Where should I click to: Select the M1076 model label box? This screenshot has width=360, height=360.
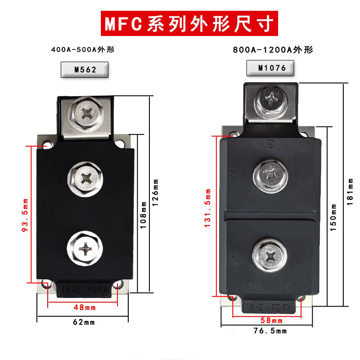272,68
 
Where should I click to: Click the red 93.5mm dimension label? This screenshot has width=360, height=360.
25,215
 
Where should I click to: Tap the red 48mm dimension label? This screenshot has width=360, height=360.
84,308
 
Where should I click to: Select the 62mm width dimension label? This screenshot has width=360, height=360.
84,322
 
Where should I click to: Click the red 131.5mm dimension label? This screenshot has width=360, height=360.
207,211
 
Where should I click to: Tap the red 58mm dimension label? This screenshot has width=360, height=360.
271,320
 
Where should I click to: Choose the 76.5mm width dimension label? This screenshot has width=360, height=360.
271,331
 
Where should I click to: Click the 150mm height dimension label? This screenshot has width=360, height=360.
333,217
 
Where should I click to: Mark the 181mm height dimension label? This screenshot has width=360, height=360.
350,191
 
